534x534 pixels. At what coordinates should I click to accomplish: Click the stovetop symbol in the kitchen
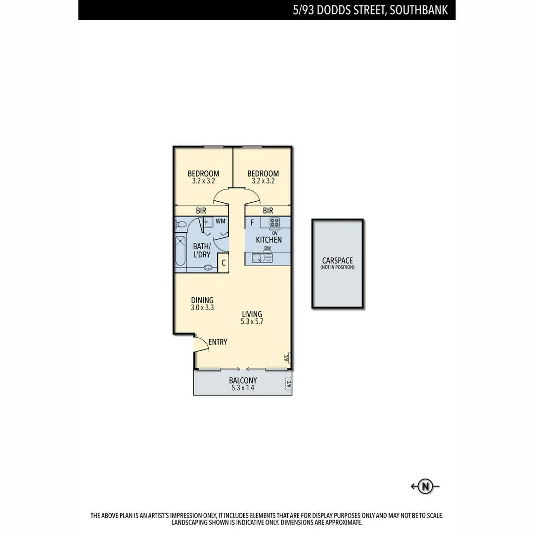274,222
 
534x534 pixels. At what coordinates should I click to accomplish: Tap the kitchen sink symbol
262,258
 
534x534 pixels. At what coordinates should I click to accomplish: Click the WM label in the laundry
221,221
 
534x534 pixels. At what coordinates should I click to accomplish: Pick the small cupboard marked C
223,263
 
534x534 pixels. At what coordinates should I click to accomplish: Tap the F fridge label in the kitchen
252,223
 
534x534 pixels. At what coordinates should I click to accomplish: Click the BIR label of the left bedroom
201,211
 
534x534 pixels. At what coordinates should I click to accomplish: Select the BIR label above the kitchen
268,211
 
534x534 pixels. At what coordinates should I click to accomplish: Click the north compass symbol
425,487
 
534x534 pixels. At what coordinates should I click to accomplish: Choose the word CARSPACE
337,261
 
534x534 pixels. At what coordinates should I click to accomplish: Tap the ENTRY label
218,342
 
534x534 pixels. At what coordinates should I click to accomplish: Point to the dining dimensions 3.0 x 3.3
202,308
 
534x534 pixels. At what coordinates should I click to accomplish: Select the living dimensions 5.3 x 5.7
252,321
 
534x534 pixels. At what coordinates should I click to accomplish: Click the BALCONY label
243,380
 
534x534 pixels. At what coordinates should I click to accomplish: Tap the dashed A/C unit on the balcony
288,383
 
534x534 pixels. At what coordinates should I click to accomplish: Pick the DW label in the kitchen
267,248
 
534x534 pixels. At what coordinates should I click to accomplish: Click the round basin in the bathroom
209,267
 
